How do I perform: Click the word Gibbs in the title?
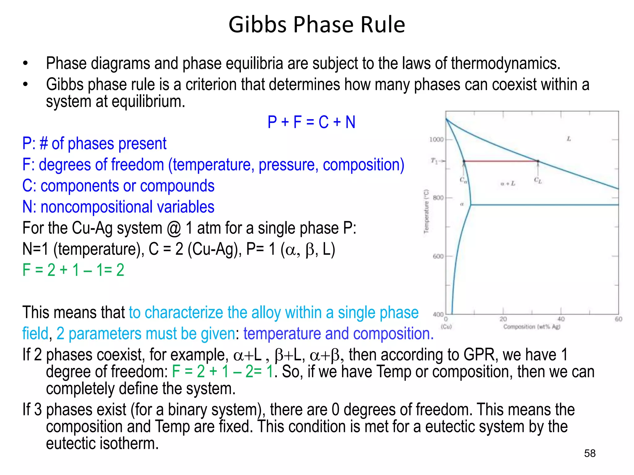tap(258, 25)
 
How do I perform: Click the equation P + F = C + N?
tap(311, 122)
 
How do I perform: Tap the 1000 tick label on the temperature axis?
tap(436, 139)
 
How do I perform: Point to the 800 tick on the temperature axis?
tap(438, 198)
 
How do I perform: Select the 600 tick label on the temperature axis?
tap(438, 256)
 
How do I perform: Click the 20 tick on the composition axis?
tap(503, 319)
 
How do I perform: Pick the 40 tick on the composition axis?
tap(561, 319)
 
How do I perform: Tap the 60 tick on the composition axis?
tap(618, 319)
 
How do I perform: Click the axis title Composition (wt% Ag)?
tap(532, 327)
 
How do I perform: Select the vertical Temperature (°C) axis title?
tap(426, 211)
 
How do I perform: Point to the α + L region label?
tap(508, 184)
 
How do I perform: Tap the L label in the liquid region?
tap(569, 139)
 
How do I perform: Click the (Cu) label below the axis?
tap(446, 327)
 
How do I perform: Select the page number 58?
tap(589, 453)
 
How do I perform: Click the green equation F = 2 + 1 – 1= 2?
tap(73, 270)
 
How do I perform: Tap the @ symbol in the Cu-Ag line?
tap(174, 229)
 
